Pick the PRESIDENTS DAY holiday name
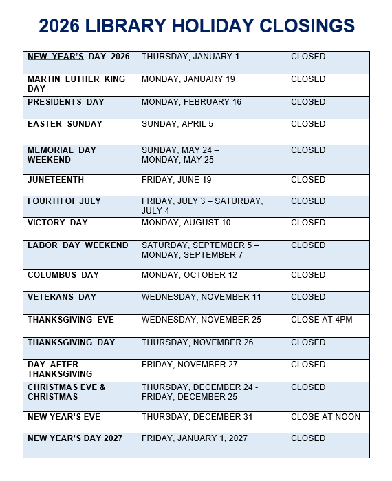66,102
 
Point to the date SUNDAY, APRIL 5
177,124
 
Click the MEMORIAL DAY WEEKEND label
62,155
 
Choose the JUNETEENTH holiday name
56,180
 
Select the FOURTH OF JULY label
64,201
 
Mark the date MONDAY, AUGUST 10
186,223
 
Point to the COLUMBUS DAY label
63,275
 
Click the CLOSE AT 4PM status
320,320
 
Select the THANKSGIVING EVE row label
71,320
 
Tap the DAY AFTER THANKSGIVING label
60,369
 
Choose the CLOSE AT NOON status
325,417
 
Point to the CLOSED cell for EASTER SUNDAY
308,124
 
